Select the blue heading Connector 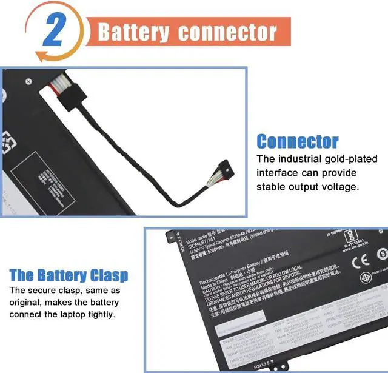(x=297, y=142)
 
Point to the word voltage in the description (x=339, y=186)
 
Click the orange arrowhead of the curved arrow (x=41, y=56)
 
